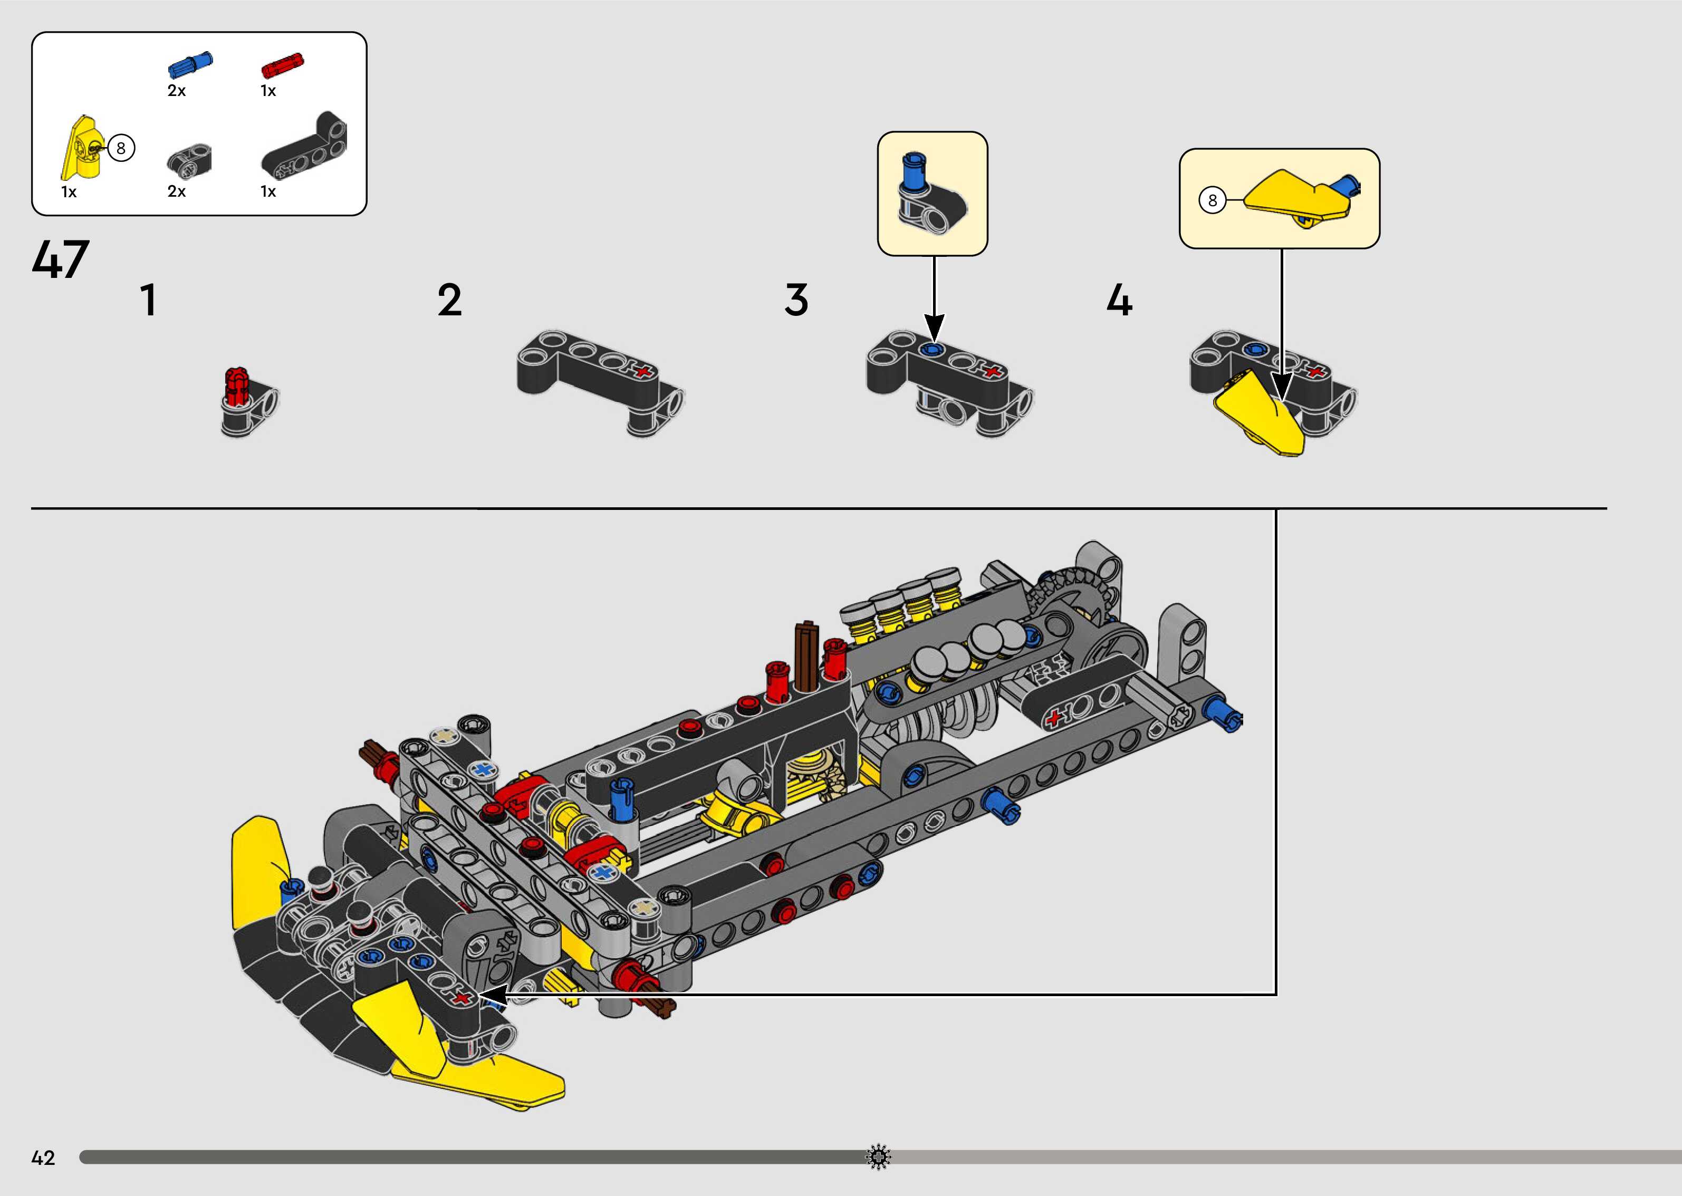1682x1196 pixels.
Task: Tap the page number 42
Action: click(x=43, y=1158)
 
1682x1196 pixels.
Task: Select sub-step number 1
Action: click(x=149, y=301)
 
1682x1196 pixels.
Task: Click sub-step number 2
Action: click(x=449, y=301)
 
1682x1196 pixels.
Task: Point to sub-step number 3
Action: click(x=796, y=301)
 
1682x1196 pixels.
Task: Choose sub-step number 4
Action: click(x=1119, y=301)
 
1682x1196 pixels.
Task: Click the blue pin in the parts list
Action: click(x=190, y=65)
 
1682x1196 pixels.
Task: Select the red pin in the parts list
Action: click(x=282, y=65)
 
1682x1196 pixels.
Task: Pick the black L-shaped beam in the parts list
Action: click(x=305, y=147)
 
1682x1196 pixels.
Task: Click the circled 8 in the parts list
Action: click(x=121, y=149)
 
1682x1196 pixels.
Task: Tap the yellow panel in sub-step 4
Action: click(x=1261, y=416)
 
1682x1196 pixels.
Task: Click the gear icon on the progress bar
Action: click(x=878, y=1157)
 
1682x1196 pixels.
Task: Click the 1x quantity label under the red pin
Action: click(x=268, y=91)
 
